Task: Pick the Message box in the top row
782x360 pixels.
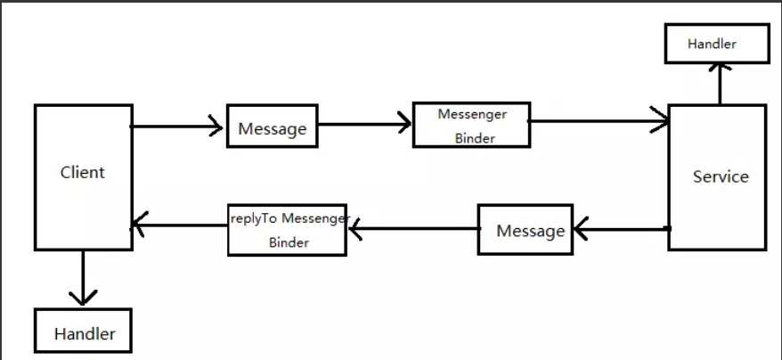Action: pyautogui.click(x=273, y=127)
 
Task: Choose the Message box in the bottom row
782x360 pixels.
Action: pyautogui.click(x=525, y=230)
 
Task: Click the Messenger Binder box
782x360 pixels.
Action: pyautogui.click(x=471, y=125)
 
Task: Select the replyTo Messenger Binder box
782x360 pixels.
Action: pyautogui.click(x=287, y=230)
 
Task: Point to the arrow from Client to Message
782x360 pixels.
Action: pyautogui.click(x=178, y=127)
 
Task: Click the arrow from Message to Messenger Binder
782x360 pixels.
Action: pyautogui.click(x=365, y=125)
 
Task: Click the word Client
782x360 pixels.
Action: pyautogui.click(x=82, y=172)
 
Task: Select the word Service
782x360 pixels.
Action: pyautogui.click(x=721, y=176)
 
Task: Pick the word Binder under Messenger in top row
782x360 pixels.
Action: pyautogui.click(x=472, y=138)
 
